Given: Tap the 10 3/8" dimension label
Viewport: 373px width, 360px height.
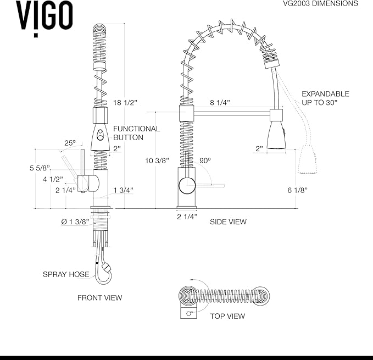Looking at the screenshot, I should [x=158, y=160].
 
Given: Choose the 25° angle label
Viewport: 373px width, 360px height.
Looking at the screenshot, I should [x=70, y=143].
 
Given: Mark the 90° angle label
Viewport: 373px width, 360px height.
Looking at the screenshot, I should [x=205, y=160].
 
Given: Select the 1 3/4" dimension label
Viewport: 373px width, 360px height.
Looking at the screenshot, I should [x=123, y=190].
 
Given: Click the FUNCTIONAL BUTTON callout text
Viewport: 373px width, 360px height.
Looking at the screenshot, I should [x=136, y=133].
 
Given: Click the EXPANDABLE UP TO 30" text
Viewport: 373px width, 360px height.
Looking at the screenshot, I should [x=325, y=98].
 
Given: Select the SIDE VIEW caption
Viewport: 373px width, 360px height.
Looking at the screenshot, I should [x=228, y=222].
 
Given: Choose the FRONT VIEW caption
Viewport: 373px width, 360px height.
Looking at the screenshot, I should [x=99, y=298].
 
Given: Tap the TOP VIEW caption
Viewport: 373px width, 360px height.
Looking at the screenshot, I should [x=227, y=316].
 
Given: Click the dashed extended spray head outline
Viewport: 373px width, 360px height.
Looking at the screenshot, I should [x=309, y=160].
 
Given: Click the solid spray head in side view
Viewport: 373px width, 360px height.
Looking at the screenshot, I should [x=276, y=135].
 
